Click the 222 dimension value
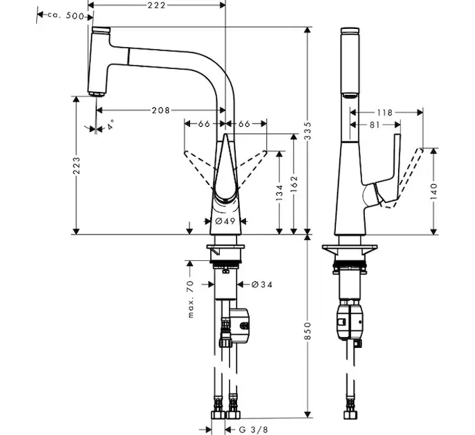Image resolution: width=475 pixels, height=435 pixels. point(157,5)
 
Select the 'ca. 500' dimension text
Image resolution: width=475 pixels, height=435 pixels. point(65,15)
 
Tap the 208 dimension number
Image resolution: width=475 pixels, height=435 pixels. point(161,110)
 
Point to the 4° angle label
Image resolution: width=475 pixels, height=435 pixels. point(110,125)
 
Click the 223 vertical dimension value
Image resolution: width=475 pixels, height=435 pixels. point(77,165)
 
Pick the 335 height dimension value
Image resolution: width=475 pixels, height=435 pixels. point(307,130)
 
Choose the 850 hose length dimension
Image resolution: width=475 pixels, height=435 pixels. point(307,331)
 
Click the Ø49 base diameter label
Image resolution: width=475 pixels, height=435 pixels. point(226,221)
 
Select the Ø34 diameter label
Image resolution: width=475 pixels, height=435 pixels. point(262,284)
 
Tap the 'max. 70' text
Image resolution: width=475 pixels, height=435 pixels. point(190,299)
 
